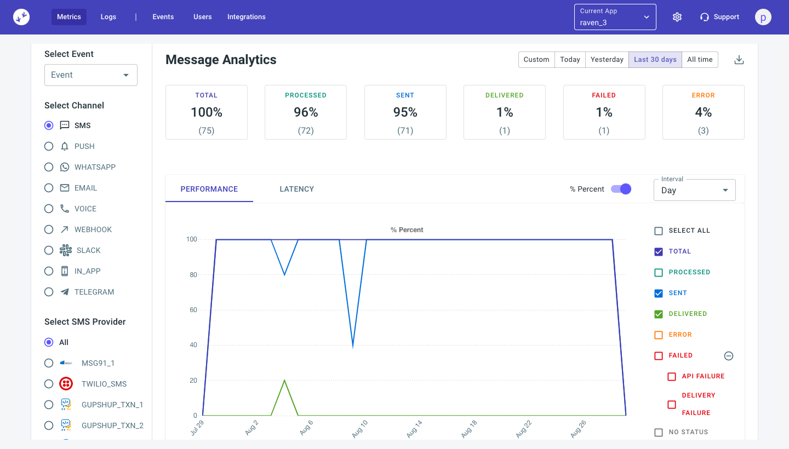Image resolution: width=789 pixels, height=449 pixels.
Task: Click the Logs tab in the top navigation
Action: pyautogui.click(x=108, y=17)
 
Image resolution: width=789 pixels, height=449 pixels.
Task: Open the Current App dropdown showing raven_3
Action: pyautogui.click(x=615, y=17)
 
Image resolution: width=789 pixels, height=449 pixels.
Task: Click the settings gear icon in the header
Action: pyautogui.click(x=677, y=17)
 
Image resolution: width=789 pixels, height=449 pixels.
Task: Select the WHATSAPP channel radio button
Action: pyautogui.click(x=49, y=167)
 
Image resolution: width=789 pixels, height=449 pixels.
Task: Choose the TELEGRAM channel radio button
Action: pyautogui.click(x=49, y=292)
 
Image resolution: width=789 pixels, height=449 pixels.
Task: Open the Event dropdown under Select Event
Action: pyautogui.click(x=91, y=75)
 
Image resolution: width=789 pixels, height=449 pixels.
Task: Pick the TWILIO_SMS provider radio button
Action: pyautogui.click(x=49, y=384)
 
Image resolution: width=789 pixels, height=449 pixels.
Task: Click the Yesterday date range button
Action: pyautogui.click(x=607, y=60)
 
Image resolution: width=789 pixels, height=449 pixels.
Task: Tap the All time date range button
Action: pyautogui.click(x=700, y=60)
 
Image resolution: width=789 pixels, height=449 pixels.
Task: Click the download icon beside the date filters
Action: pyautogui.click(x=739, y=60)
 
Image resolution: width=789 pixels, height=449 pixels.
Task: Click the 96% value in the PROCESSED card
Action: pyautogui.click(x=306, y=112)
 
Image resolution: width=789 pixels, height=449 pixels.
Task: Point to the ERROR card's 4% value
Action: pyautogui.click(x=703, y=112)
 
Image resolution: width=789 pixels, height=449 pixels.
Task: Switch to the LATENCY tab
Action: pyautogui.click(x=296, y=189)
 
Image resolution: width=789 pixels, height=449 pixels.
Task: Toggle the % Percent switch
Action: pyautogui.click(x=621, y=189)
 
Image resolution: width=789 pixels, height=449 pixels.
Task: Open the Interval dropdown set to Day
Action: pyautogui.click(x=694, y=190)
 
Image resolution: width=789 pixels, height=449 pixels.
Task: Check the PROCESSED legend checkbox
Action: pyautogui.click(x=659, y=272)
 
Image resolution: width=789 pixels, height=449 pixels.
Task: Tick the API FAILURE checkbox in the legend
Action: pyautogui.click(x=672, y=376)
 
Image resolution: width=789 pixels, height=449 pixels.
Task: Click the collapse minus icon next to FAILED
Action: pyautogui.click(x=729, y=356)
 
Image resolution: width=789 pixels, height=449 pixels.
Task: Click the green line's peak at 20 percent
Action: pyautogui.click(x=284, y=380)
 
